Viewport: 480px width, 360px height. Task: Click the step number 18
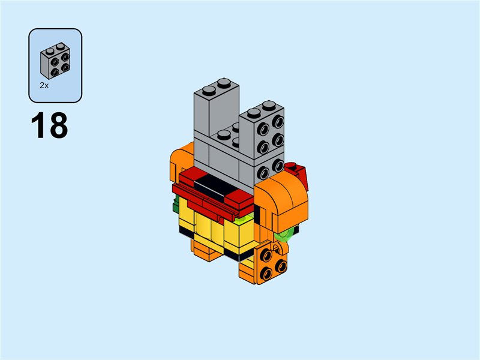[x=49, y=126]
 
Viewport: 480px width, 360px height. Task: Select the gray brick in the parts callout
[x=55, y=62]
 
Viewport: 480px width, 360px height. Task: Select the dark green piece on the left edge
[x=175, y=208]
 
